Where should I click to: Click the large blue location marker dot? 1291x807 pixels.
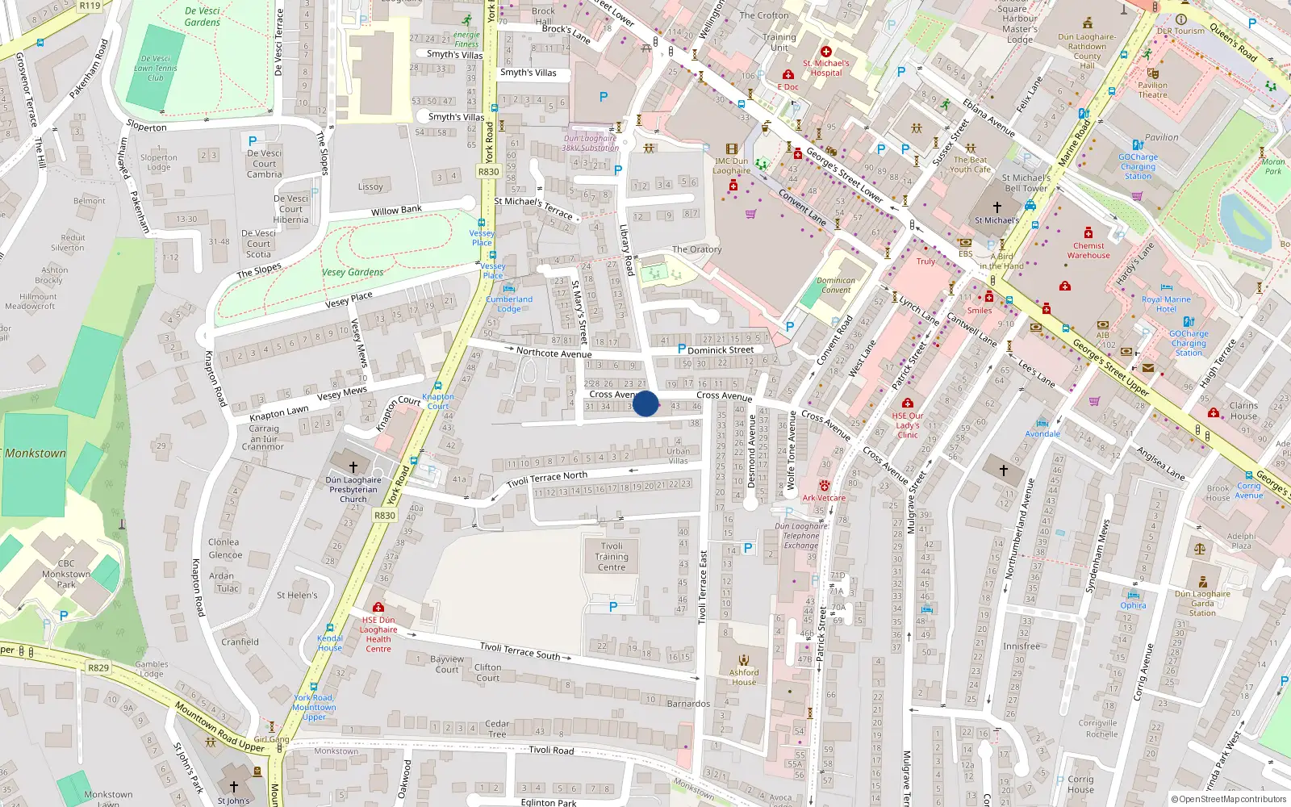(645, 403)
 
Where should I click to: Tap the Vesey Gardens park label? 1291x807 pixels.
(353, 272)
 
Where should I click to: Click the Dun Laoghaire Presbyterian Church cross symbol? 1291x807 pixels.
(353, 466)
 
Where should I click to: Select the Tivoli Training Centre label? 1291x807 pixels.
(612, 557)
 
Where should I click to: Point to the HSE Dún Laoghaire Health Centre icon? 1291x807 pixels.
(378, 607)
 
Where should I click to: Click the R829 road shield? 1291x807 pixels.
(98, 667)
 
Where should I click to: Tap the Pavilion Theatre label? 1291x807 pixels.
(1152, 90)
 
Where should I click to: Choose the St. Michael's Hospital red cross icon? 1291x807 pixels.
(825, 52)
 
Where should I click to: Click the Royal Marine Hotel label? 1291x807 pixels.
(1166, 303)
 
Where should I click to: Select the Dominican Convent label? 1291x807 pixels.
(836, 285)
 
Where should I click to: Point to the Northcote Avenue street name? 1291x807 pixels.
(554, 353)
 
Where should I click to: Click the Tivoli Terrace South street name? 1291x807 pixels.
(520, 650)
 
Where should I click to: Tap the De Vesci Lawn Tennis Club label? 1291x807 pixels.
(156, 68)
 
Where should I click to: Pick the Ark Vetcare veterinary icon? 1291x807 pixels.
(824, 486)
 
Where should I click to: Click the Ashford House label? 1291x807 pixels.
(744, 677)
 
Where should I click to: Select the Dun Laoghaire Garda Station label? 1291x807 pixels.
(1202, 603)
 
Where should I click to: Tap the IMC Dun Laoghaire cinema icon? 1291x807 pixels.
(731, 149)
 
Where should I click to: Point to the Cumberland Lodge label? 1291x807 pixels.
(509, 303)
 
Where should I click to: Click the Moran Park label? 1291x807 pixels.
(1273, 166)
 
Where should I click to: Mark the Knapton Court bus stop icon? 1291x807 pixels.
(438, 387)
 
